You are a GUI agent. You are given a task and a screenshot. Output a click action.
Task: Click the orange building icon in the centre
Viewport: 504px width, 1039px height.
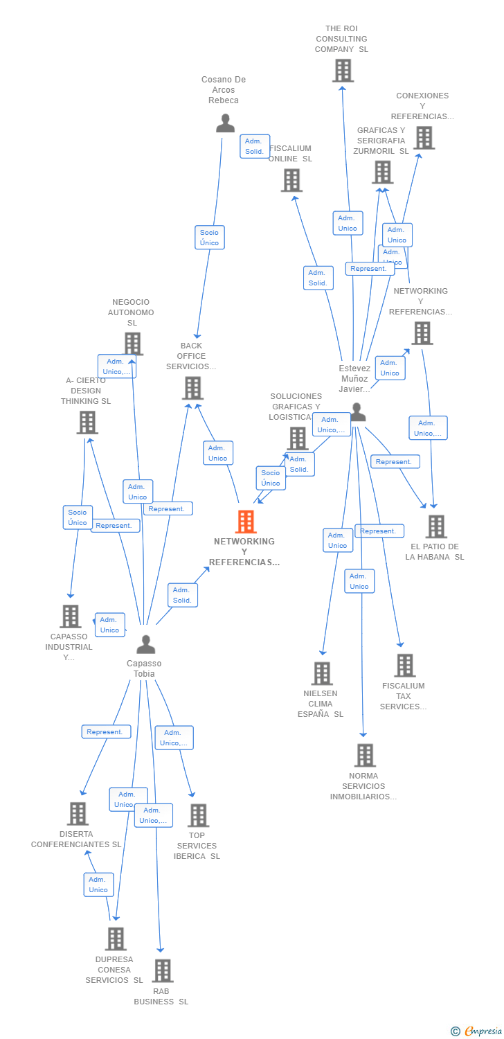(246, 522)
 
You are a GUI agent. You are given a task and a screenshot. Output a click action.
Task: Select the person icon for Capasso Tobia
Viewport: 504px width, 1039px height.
(145, 644)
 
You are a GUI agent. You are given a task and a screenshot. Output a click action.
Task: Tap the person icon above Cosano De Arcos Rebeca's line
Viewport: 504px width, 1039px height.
(225, 123)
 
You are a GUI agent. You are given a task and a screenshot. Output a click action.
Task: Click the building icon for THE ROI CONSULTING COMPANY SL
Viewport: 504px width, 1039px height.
(343, 71)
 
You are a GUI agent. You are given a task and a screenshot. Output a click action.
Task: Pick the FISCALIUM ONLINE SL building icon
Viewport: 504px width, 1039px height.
(291, 180)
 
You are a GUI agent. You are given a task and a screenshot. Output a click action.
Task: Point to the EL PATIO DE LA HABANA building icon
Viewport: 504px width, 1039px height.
(435, 526)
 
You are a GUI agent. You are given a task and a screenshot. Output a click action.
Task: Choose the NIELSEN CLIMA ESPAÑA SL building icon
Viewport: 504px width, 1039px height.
(322, 673)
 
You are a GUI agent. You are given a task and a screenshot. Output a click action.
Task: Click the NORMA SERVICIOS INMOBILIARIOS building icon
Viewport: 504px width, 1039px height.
(364, 755)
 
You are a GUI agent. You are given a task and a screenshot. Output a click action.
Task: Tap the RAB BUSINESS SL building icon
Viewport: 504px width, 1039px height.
(162, 970)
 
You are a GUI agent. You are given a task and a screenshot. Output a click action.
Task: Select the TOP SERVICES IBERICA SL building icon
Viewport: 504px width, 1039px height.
(198, 815)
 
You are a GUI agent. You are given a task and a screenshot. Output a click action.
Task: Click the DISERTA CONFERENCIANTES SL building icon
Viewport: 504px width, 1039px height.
(78, 814)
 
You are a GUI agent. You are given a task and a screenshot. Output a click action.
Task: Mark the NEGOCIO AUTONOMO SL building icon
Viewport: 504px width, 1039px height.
(132, 344)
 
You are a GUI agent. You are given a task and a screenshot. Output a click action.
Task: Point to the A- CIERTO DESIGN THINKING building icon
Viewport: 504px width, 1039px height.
(87, 422)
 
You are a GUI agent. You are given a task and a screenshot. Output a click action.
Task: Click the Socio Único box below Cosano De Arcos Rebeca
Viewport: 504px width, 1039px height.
(209, 238)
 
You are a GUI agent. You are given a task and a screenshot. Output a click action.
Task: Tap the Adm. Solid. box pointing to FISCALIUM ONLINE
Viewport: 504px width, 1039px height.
(318, 278)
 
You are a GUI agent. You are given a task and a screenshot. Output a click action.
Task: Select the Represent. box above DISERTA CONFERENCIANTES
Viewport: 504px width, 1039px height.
(106, 731)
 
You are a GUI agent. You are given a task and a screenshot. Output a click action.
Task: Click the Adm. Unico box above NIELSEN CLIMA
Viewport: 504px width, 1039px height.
(337, 540)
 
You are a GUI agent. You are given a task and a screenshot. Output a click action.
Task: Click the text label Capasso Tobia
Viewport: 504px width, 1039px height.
(144, 668)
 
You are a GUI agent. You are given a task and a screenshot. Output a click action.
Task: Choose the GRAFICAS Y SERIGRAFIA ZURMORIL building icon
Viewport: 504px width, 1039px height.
(382, 172)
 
